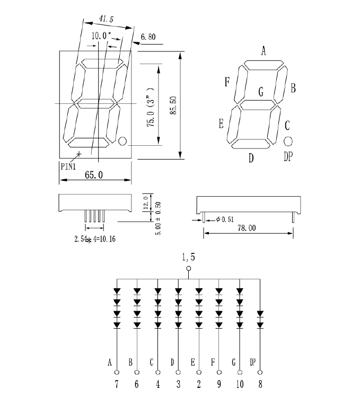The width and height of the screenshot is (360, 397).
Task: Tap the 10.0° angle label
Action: [x=101, y=36]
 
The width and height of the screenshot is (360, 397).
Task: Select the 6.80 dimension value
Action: [x=148, y=38]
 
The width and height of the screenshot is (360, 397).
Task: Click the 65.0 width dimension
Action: [x=93, y=174]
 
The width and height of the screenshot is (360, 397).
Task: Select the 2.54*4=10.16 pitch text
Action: [x=95, y=239]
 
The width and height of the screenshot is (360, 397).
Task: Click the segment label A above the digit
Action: [x=263, y=51]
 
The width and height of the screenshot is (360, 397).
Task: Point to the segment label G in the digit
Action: [x=261, y=91]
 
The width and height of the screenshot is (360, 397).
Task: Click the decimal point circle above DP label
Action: [x=288, y=141]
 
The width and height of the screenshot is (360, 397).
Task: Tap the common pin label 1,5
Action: [x=189, y=258]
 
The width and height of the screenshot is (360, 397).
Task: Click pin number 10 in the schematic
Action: [x=240, y=384]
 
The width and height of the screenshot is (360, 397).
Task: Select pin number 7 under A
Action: [x=117, y=384]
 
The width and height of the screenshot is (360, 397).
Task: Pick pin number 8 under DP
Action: [x=260, y=384]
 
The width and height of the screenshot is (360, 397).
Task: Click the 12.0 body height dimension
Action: [x=146, y=202]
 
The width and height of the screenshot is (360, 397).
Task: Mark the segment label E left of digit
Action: [x=221, y=124]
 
